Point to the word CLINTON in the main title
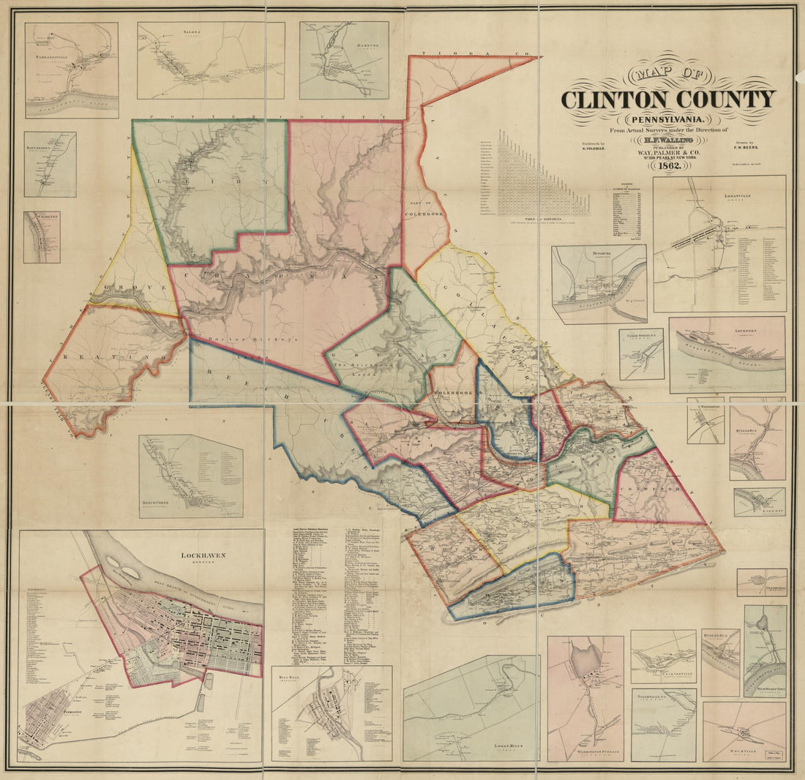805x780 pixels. pos(621,99)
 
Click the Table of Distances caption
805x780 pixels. pos(543,220)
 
